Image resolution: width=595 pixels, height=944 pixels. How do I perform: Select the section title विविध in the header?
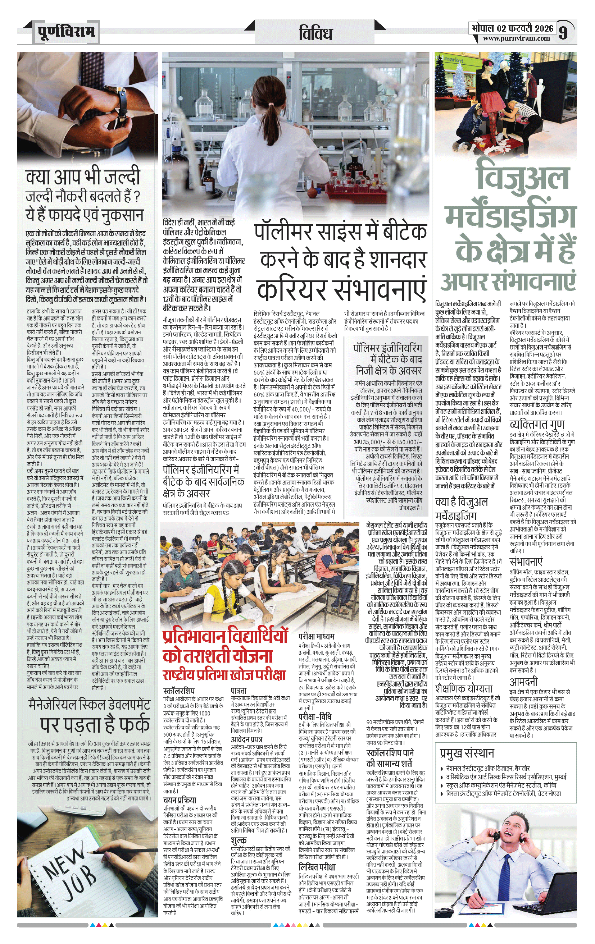pos(316,33)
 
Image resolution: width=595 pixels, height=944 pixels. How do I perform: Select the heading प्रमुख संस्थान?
pos(467,753)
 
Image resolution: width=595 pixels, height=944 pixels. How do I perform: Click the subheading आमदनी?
pos(523,682)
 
